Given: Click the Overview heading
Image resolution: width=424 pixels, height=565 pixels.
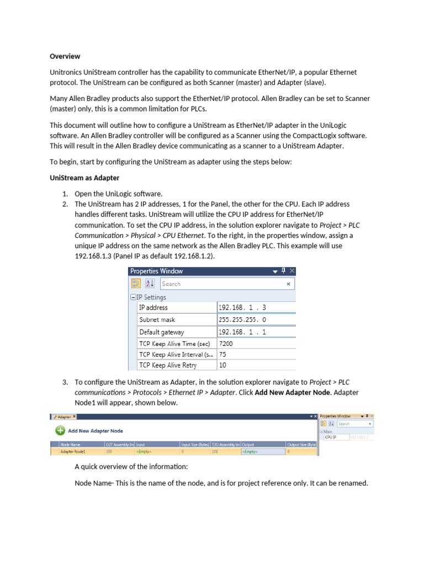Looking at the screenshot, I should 65,56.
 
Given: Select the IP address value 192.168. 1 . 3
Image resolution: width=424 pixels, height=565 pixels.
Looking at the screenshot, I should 242,307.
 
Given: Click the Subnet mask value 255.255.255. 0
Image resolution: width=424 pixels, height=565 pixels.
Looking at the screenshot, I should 242,319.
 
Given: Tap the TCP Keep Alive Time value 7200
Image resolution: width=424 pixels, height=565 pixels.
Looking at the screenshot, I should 226,343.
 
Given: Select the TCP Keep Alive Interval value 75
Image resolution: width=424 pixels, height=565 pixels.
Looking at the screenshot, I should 222,354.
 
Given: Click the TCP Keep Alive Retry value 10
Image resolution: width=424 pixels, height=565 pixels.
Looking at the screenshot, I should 222,365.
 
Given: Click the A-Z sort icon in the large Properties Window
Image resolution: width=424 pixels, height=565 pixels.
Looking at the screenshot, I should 150,284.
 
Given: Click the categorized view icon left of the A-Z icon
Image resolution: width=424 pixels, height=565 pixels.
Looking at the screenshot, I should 136,284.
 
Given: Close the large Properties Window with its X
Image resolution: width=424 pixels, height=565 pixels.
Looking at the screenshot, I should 292,271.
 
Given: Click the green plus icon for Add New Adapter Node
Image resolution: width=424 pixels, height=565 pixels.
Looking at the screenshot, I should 59,430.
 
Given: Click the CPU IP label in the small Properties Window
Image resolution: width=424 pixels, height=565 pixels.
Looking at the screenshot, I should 332,436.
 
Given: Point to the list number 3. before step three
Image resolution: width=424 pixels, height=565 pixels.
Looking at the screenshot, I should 65,382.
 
